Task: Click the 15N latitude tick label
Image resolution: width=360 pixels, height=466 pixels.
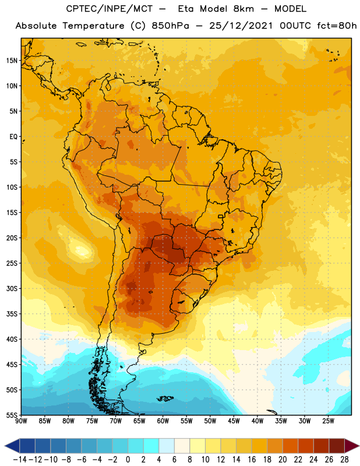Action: (x=12, y=61)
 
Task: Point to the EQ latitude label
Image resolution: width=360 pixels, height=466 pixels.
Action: (x=13, y=137)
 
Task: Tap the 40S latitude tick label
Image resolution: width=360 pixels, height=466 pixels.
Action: (x=12, y=339)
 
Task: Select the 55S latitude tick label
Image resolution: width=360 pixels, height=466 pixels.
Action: (x=12, y=415)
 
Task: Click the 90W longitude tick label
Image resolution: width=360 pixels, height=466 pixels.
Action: (x=21, y=421)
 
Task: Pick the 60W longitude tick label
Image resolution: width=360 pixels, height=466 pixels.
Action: (x=163, y=421)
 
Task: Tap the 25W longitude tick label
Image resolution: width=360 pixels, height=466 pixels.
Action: (x=328, y=421)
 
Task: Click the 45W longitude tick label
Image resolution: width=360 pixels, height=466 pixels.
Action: (x=234, y=421)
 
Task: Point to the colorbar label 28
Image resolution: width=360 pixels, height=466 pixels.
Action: (x=344, y=460)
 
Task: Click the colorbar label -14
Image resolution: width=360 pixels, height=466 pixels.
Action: (x=20, y=460)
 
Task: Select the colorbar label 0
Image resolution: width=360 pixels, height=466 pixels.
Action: (x=128, y=460)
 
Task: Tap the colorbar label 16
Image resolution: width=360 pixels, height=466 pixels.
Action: (x=252, y=460)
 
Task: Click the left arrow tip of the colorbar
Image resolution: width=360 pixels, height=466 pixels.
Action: (x=5, y=446)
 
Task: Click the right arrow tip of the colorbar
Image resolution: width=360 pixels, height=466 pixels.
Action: (x=359, y=446)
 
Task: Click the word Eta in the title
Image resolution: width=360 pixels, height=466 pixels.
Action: (x=186, y=9)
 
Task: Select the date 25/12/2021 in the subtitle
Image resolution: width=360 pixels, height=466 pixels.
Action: (x=241, y=26)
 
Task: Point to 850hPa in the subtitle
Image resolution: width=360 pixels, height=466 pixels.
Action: (x=170, y=26)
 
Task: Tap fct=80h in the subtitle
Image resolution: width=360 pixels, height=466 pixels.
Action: (x=337, y=26)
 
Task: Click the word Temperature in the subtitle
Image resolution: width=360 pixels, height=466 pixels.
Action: (x=94, y=26)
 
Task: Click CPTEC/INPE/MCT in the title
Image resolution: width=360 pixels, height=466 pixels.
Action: (x=110, y=9)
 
